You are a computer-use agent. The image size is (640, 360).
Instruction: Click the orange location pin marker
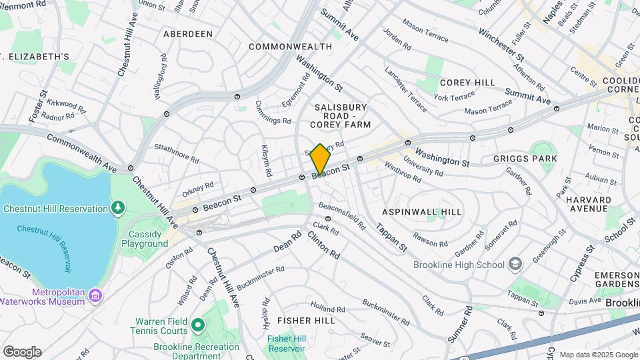coord(321,160)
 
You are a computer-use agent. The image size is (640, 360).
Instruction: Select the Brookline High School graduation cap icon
coord(515,265)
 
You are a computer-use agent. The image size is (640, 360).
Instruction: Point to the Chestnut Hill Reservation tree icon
coord(119,209)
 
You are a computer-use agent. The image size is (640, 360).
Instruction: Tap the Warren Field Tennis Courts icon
coord(197,325)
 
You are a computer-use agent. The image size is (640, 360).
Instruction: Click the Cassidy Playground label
coord(145,239)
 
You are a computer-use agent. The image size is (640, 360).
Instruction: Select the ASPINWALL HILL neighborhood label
coord(421,211)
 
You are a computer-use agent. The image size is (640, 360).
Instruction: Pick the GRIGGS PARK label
coord(525,159)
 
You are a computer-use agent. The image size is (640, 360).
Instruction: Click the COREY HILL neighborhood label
coord(467,82)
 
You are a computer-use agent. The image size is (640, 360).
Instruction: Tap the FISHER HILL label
coord(306,321)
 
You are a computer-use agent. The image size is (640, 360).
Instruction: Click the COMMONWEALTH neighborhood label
coord(290,47)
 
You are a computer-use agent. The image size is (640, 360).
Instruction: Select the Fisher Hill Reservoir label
coord(286,343)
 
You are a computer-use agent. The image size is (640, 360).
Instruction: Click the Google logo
coord(22,352)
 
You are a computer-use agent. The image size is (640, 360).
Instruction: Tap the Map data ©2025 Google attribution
coord(598,355)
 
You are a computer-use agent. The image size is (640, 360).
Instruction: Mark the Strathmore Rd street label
coord(177,154)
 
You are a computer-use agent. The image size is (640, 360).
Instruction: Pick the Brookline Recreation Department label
coord(196,351)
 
